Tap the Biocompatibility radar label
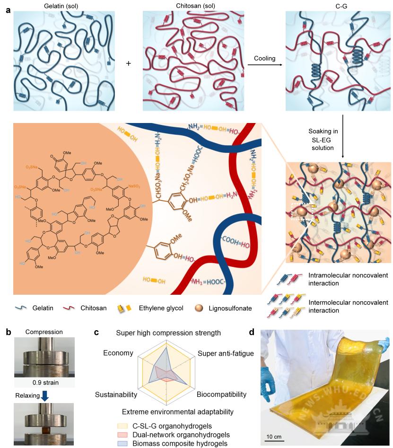221,394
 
